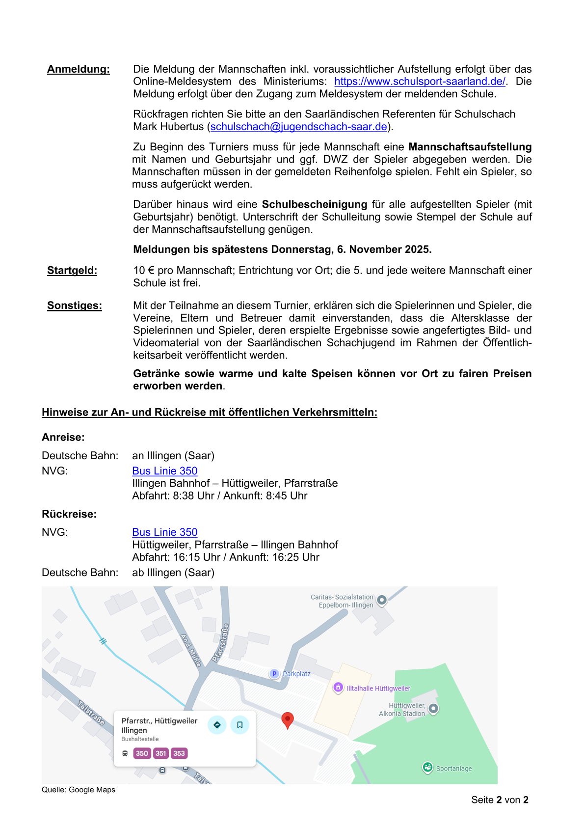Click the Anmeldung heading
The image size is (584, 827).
click(x=78, y=69)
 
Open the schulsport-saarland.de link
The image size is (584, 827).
click(x=420, y=82)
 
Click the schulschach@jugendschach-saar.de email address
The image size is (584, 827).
click(x=299, y=127)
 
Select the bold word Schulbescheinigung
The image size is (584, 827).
click(x=314, y=204)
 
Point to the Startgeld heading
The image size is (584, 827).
click(x=72, y=271)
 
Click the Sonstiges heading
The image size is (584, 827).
click(x=75, y=306)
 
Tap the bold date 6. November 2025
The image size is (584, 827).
click(x=384, y=249)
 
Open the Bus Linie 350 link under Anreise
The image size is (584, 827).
click(x=164, y=471)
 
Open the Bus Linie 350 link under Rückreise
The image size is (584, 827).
click(x=164, y=532)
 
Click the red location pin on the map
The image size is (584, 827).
click(x=288, y=719)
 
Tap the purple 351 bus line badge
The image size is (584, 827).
click(x=161, y=753)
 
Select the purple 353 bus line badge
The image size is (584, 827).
click(x=179, y=753)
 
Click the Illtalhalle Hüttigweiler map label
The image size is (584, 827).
click(x=378, y=689)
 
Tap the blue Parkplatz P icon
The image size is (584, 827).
click(x=274, y=674)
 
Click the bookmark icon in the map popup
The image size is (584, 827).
click(x=239, y=725)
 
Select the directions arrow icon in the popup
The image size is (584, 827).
click(x=217, y=725)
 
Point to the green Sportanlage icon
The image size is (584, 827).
click(x=427, y=767)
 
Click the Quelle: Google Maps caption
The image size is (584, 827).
click(x=79, y=790)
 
